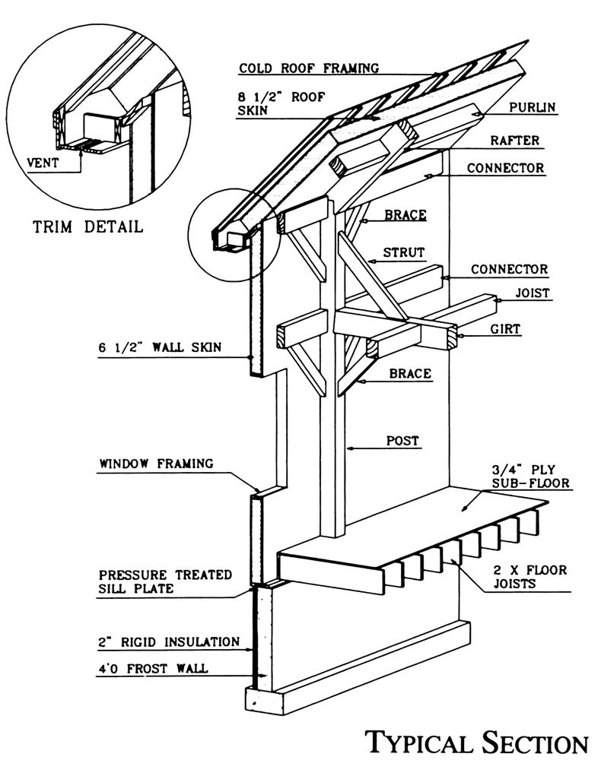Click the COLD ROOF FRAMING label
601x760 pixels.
309,68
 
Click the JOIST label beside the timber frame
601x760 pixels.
532,293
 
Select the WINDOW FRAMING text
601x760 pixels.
156,463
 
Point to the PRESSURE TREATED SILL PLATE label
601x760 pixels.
165,581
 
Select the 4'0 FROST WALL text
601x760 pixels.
153,670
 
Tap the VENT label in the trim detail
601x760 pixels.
43,162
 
